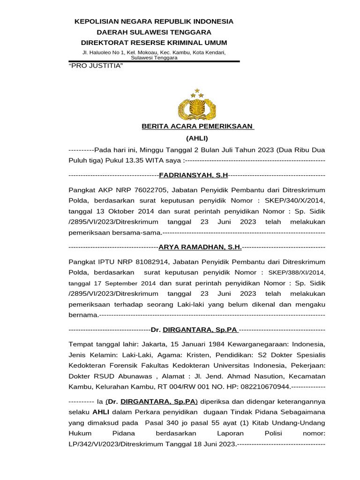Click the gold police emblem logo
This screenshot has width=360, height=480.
tap(197, 105)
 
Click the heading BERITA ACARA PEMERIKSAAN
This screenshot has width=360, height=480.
tap(197, 126)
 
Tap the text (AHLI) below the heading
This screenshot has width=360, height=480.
tap(197, 138)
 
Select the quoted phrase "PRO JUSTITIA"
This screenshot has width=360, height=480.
tap(96, 65)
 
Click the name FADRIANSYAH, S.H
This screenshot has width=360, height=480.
tap(194, 175)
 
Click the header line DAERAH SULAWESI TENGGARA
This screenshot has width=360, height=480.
tap(154, 32)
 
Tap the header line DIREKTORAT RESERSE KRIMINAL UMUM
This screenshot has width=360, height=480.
tap(154, 43)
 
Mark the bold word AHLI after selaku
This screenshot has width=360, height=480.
tap(100, 412)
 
